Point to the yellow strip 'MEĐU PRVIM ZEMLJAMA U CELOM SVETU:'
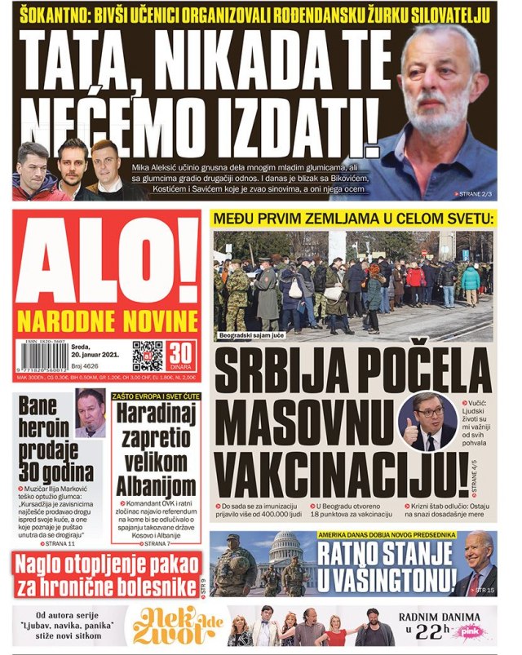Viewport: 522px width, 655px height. click(x=352, y=219)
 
